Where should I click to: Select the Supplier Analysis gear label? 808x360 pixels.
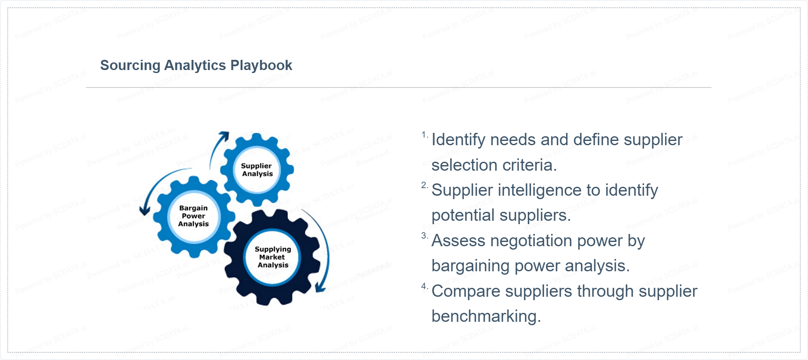coord(257,170)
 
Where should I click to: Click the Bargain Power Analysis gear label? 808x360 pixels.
coord(194,216)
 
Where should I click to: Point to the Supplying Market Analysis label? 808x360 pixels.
coord(273,257)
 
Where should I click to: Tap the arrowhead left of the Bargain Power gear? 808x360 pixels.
coord(145,209)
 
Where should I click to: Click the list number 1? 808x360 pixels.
coord(425,135)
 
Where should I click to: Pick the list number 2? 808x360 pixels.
coord(425,185)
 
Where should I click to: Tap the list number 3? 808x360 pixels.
coord(425,236)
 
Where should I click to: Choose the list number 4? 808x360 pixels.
coord(425,286)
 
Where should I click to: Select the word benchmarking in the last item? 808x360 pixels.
coord(486,317)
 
